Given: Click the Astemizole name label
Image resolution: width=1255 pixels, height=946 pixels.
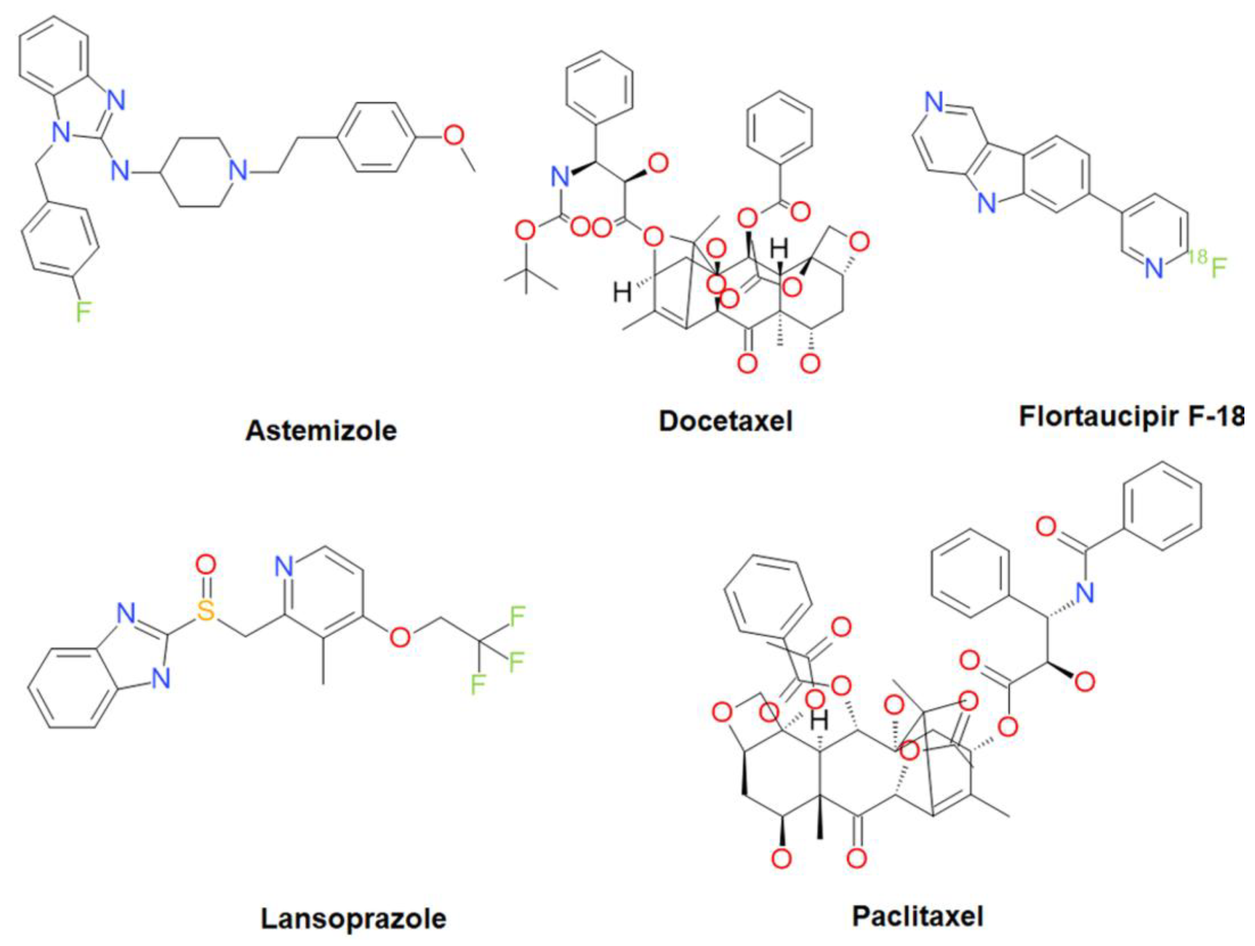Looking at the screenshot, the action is point(321,431).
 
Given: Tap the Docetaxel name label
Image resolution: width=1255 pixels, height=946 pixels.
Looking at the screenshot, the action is point(725,421).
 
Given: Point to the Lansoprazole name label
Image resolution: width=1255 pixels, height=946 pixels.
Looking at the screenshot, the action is point(353,919).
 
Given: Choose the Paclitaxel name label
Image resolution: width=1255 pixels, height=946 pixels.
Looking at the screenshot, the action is point(917,916).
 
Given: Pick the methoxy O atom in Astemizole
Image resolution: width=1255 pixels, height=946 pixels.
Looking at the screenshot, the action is point(453,136).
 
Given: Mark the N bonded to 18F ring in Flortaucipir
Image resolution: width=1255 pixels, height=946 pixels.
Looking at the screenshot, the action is point(1153,268).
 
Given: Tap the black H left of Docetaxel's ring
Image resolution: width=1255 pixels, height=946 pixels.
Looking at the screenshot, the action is point(622,293).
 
